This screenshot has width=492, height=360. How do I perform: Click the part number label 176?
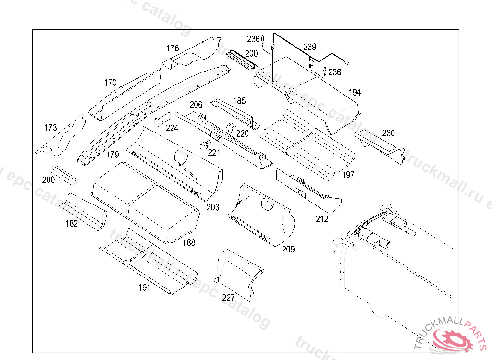coord(172,48)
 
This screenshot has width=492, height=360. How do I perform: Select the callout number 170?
coord(110,83)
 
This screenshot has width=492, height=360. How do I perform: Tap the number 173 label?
coord(50,127)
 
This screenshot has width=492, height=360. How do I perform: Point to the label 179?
coord(112,154)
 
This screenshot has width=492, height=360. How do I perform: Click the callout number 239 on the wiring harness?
coord(310,47)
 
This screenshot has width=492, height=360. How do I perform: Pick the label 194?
coord(355,92)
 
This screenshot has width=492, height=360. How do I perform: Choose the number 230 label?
coord(388,133)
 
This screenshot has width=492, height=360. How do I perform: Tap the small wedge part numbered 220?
coord(230,127)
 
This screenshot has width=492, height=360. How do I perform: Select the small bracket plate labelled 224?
coord(162,120)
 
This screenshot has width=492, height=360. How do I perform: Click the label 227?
coord(228,297)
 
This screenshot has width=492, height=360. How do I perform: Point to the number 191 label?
coord(144,287)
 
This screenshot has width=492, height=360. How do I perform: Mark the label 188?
coord(189,242)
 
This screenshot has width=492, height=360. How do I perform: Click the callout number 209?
coord(288,249)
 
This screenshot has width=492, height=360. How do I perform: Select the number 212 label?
coord(321,219)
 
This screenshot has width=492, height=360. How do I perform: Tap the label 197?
coord(348,175)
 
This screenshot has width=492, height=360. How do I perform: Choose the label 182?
coord(72,223)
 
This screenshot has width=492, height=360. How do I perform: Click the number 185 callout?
coord(239,101)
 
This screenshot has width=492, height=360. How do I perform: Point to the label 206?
coord(196,105)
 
